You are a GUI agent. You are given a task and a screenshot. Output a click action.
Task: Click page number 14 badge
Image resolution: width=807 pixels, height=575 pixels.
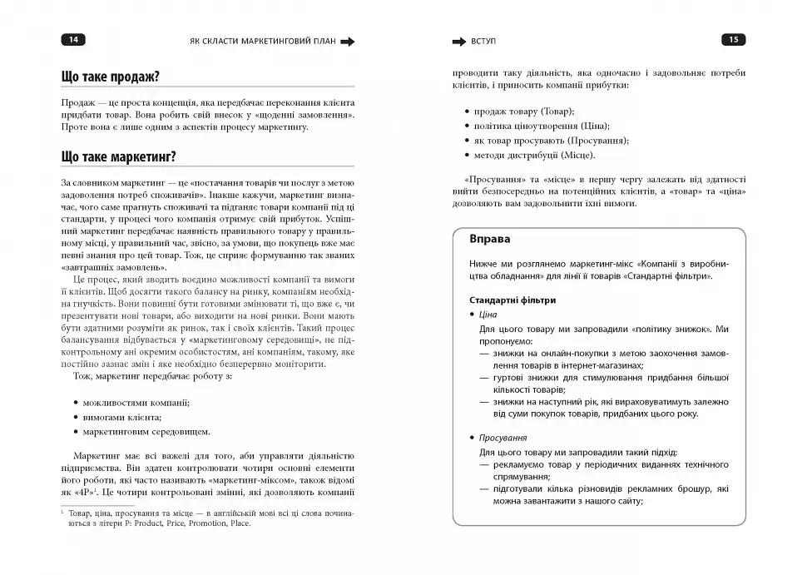click(x=72, y=39)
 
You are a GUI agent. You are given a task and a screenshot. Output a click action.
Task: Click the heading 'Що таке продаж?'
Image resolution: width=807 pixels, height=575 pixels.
click(x=111, y=77)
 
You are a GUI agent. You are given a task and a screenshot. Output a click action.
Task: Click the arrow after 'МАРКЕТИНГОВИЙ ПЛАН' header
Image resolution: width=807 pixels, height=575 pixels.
click(x=348, y=41)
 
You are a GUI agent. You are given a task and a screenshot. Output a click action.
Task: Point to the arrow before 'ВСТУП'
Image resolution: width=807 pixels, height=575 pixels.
click(x=458, y=40)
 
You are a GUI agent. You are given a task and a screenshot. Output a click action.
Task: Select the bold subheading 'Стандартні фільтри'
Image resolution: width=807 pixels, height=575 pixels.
click(x=512, y=300)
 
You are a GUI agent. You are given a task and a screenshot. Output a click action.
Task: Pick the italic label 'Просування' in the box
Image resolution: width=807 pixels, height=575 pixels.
click(x=503, y=437)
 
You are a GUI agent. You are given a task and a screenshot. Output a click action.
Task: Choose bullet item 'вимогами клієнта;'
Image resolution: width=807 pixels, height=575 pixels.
click(x=122, y=417)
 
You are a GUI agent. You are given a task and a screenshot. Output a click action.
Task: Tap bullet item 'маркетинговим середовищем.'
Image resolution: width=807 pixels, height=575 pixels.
click(x=146, y=432)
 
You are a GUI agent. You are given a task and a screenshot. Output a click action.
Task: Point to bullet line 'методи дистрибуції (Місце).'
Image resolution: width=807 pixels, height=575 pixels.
click(x=534, y=155)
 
